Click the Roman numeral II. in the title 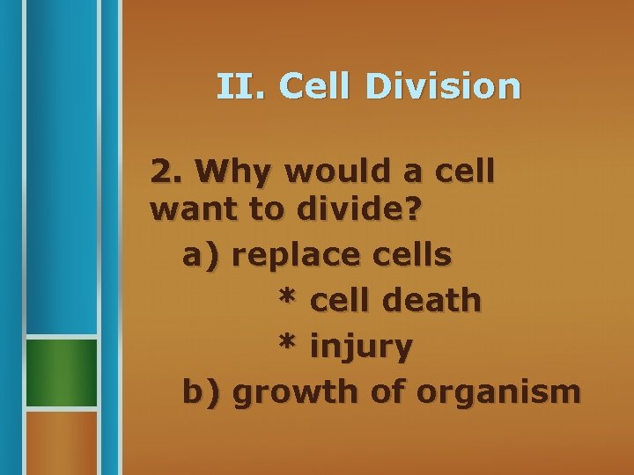pyautogui.click(x=243, y=86)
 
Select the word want pyautogui.click(x=188, y=211)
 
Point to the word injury pyautogui.click(x=361, y=347)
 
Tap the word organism pyautogui.click(x=498, y=392)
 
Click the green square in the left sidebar pyautogui.click(x=61, y=372)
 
